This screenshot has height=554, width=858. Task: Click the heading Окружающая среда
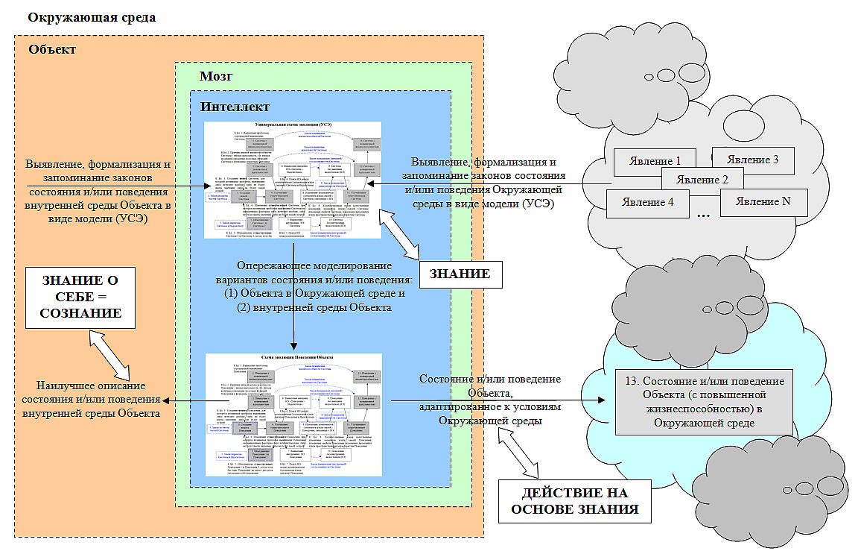92,16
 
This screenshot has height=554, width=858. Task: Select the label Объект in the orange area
52,50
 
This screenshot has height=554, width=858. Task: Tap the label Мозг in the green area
217,77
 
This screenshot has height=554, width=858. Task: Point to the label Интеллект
235,107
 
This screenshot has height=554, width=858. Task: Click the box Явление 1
654,161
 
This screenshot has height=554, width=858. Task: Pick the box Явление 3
754,160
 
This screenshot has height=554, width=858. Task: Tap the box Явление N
763,201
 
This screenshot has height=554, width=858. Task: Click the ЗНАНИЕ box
460,274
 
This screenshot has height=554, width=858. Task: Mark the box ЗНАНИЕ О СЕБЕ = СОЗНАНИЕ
80,296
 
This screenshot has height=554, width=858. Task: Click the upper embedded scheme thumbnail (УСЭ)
293,180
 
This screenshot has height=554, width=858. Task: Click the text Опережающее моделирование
313,266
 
